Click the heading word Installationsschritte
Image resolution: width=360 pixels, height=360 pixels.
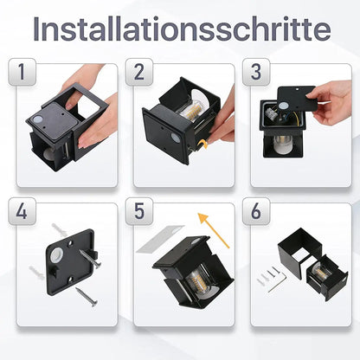180,29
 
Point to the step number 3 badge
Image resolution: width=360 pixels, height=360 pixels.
256,74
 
